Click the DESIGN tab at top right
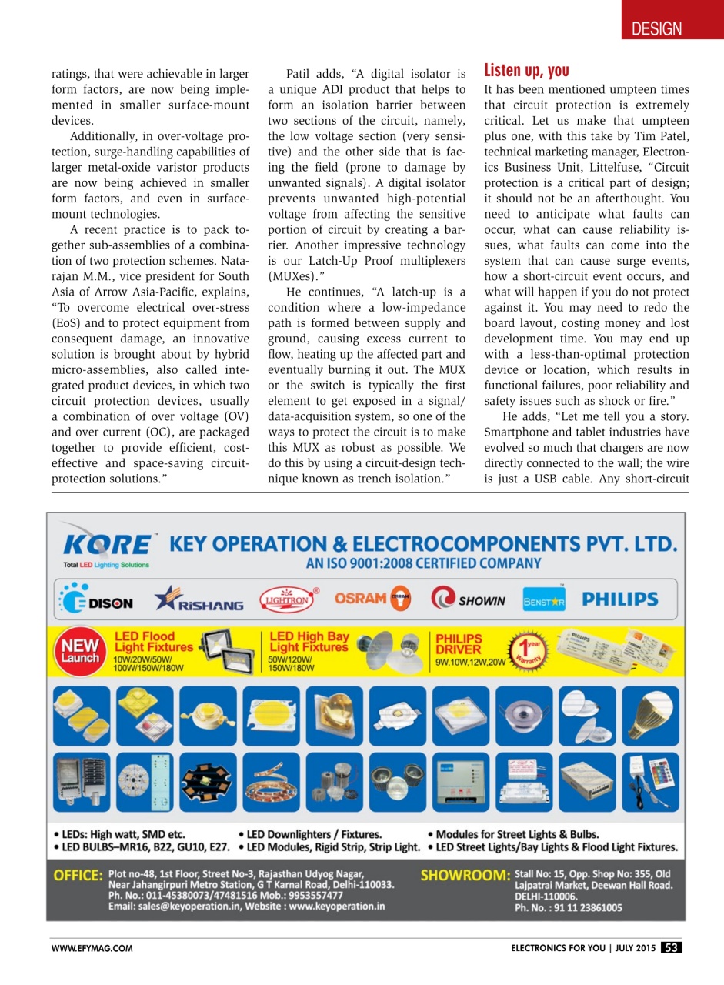click(656, 29)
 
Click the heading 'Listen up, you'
click(526, 72)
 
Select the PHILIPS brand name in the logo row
click(620, 599)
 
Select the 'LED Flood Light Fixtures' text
click(145, 642)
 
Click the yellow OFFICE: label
click(78, 876)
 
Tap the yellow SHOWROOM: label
click(465, 876)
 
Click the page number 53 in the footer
click(671, 947)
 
